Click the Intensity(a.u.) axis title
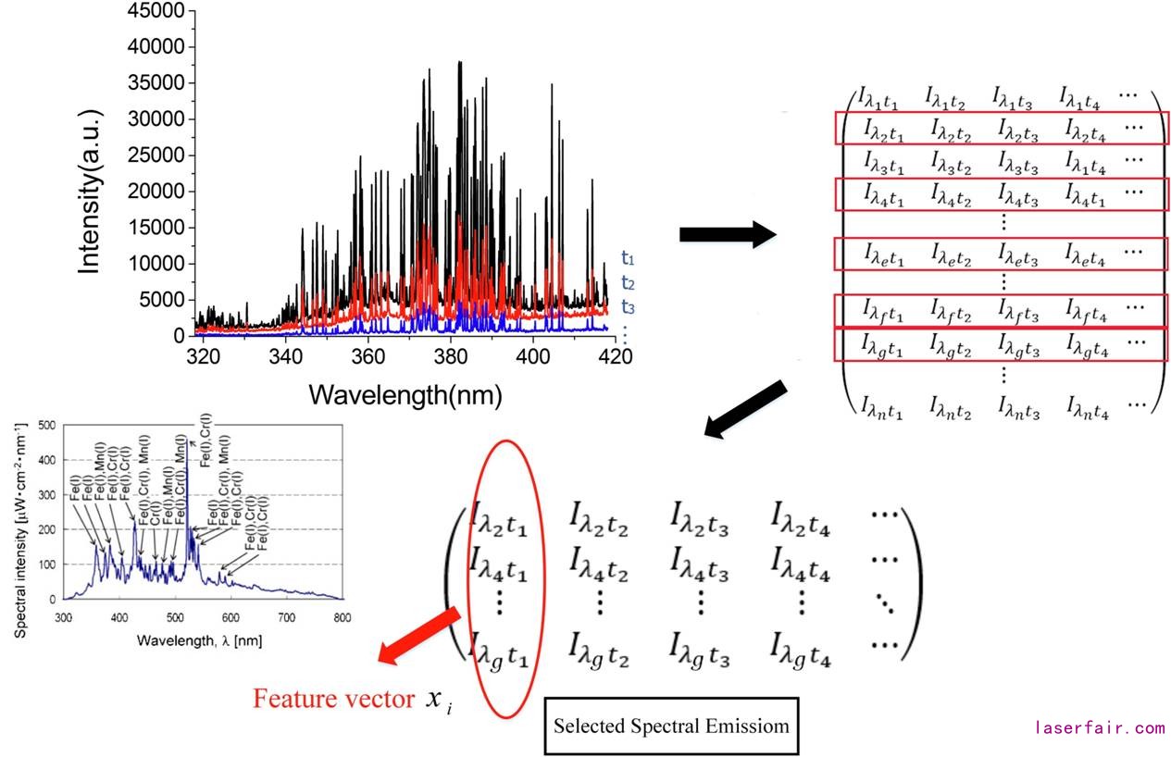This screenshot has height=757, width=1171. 90,192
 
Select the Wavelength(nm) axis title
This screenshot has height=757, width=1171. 405,395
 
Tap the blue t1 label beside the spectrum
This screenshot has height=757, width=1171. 629,259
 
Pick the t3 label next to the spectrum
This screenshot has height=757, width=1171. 629,307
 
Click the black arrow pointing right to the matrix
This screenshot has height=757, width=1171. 728,234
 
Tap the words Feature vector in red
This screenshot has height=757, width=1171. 334,699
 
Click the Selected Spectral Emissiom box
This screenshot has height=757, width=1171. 671,726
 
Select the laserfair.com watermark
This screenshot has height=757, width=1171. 1100,728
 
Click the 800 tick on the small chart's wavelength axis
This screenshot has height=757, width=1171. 343,617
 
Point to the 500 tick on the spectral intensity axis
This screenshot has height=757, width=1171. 46,425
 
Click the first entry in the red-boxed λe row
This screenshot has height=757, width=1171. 883,253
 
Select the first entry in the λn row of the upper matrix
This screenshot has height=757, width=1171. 883,404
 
